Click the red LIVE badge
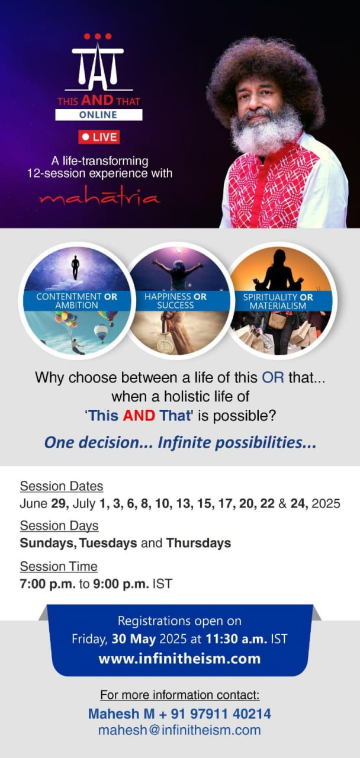(x=99, y=137)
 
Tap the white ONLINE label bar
(x=99, y=115)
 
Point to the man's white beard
(x=266, y=132)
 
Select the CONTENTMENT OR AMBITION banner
(x=77, y=301)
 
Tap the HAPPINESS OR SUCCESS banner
(x=176, y=301)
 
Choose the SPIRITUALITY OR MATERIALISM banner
(x=278, y=301)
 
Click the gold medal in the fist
(x=165, y=345)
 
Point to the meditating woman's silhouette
(x=278, y=271)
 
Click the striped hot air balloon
(x=101, y=333)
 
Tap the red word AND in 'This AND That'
(x=139, y=416)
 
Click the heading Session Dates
(x=62, y=486)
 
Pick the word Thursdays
(x=198, y=543)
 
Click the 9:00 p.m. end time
(x=121, y=584)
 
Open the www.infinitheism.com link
(x=179, y=659)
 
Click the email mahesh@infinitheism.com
(x=179, y=730)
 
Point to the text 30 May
(x=134, y=639)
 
